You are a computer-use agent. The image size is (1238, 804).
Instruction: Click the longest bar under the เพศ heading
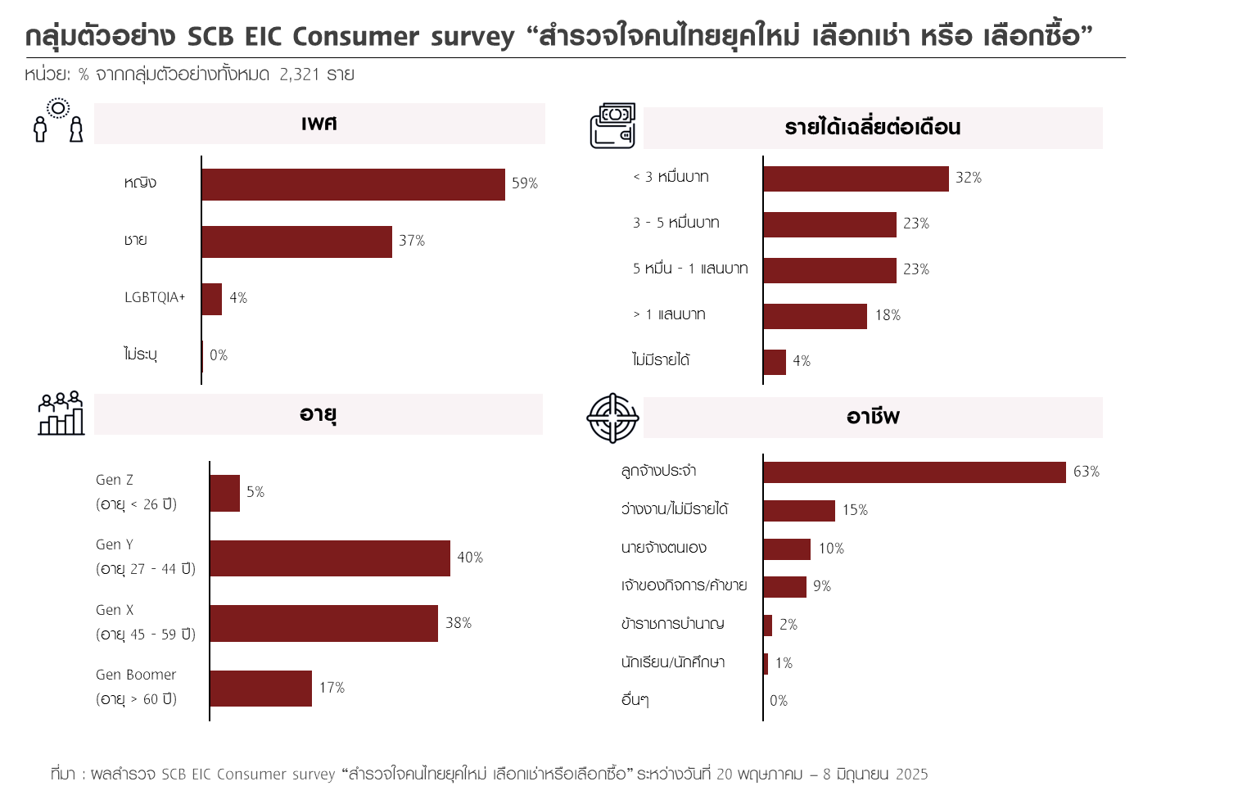click(353, 184)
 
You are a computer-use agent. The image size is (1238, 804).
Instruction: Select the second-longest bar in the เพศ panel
click(296, 242)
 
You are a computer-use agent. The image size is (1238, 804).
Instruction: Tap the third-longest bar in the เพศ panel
click(212, 299)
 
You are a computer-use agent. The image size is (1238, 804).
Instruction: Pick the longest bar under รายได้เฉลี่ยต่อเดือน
click(856, 179)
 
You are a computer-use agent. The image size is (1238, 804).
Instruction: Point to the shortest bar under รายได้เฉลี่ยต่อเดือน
click(775, 362)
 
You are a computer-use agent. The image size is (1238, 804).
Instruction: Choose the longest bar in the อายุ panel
click(330, 558)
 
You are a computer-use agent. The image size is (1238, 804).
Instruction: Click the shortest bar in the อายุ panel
click(225, 493)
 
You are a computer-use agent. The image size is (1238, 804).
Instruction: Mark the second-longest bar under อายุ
click(323, 623)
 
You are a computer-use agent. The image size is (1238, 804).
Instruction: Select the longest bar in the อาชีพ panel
click(915, 472)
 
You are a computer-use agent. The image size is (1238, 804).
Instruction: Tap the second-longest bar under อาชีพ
click(799, 511)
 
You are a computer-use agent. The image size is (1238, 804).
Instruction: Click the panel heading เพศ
click(319, 124)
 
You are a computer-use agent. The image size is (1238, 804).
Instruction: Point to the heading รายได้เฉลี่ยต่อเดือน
click(873, 128)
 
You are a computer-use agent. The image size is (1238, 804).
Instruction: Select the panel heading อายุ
click(318, 414)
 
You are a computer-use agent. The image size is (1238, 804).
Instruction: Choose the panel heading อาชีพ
click(873, 418)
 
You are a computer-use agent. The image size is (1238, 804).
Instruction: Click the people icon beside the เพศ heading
click(58, 121)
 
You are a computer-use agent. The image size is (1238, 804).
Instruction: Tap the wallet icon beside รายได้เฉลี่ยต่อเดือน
click(612, 126)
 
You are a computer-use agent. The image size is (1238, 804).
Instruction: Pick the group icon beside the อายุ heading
click(61, 413)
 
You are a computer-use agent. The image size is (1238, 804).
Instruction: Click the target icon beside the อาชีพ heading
click(612, 418)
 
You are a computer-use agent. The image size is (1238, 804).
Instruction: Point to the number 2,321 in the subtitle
click(299, 75)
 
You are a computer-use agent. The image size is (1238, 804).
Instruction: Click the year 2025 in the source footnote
click(911, 774)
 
